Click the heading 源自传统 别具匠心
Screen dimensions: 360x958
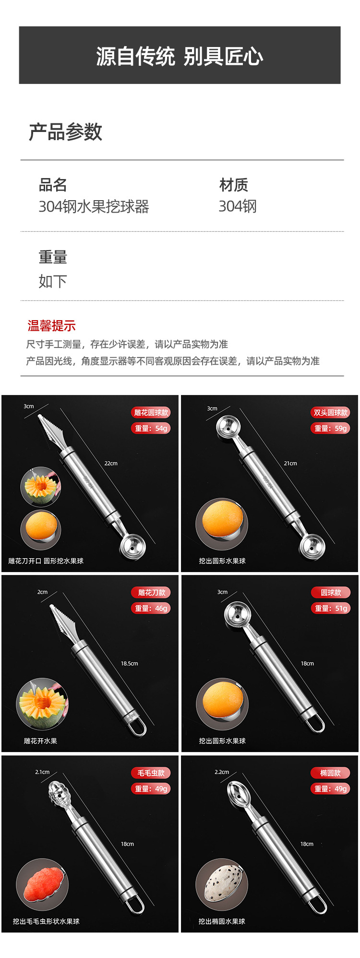(180, 56)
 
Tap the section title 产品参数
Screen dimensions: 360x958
(66, 132)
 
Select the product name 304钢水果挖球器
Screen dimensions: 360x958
(94, 206)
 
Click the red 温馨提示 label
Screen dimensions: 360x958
(52, 326)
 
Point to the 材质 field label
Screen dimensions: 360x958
(234, 185)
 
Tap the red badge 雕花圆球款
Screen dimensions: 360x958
(151, 412)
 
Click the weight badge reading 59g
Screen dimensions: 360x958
(330, 428)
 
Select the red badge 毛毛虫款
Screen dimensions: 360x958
(151, 773)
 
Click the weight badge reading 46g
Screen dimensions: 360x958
(151, 608)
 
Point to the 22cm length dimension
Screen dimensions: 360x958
(111, 463)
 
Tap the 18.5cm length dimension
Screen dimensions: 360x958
(130, 663)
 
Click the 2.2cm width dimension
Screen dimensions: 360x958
(222, 772)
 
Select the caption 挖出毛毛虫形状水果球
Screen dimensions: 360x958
(46, 921)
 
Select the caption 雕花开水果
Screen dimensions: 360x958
(40, 741)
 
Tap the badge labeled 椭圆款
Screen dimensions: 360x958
(330, 773)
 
